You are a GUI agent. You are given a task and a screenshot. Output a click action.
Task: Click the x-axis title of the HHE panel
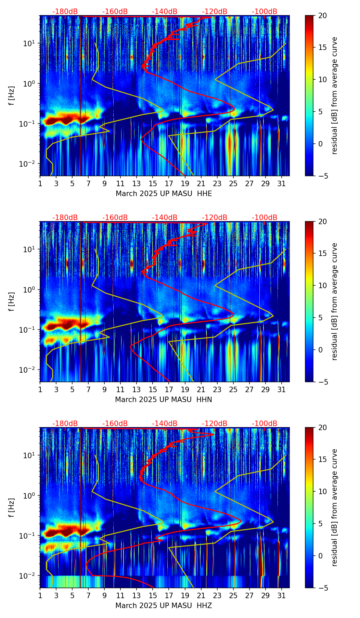click(164, 194)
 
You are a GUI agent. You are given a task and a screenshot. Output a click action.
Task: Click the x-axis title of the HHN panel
click(164, 400)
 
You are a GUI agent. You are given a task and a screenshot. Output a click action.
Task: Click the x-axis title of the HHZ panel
click(164, 606)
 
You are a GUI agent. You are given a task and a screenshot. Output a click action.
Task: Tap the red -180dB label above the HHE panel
click(65, 12)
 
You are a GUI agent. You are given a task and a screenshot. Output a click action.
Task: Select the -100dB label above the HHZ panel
click(265, 424)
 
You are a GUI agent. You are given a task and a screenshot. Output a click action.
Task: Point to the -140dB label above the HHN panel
click(165, 218)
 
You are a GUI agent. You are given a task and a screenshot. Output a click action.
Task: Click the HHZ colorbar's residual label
click(335, 507)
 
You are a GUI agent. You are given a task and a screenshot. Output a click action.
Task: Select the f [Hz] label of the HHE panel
click(12, 95)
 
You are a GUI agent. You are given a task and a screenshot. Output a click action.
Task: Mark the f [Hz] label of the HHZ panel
click(12, 507)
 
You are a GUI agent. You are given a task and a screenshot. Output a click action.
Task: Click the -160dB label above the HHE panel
click(115, 12)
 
